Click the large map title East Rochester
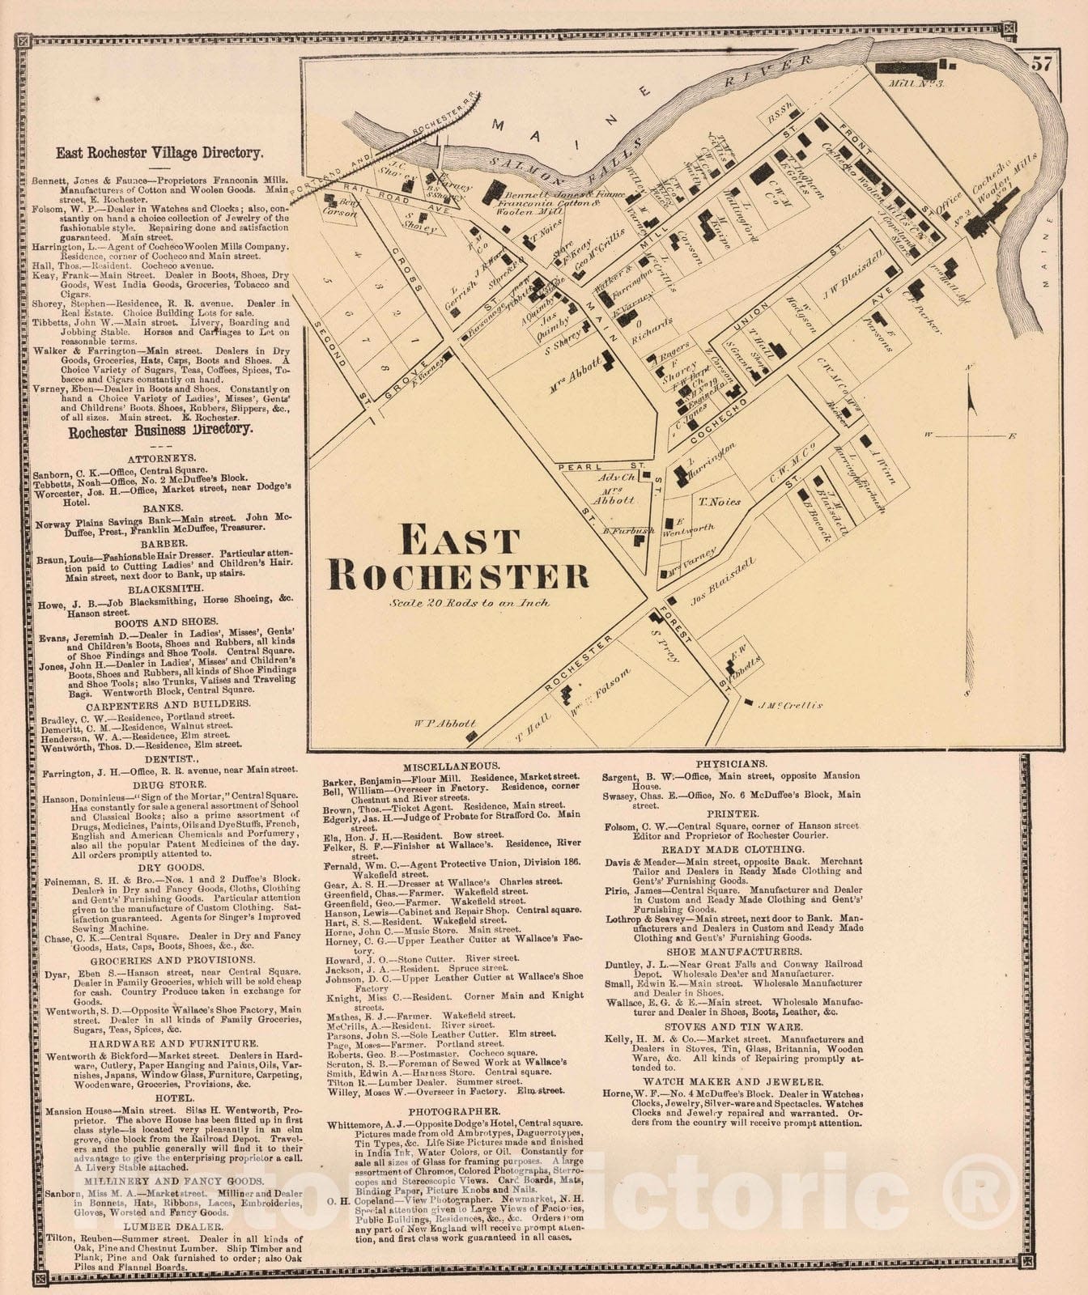coord(457,558)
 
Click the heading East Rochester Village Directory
coord(159,152)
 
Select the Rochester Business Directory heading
coord(160,431)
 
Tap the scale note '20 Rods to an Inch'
coord(470,603)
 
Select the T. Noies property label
coord(720,502)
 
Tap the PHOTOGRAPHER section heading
coord(453,1112)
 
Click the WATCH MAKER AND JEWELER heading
coord(733,1081)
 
